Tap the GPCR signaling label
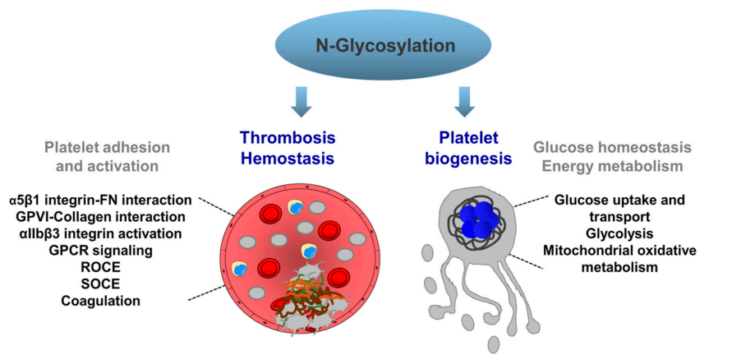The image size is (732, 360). pyautogui.click(x=102, y=250)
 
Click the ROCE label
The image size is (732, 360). pyautogui.click(x=101, y=267)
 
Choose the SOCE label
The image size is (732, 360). pyautogui.click(x=101, y=284)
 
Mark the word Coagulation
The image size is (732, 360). pyautogui.click(x=101, y=301)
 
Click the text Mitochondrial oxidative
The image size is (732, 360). pyautogui.click(x=621, y=251)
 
